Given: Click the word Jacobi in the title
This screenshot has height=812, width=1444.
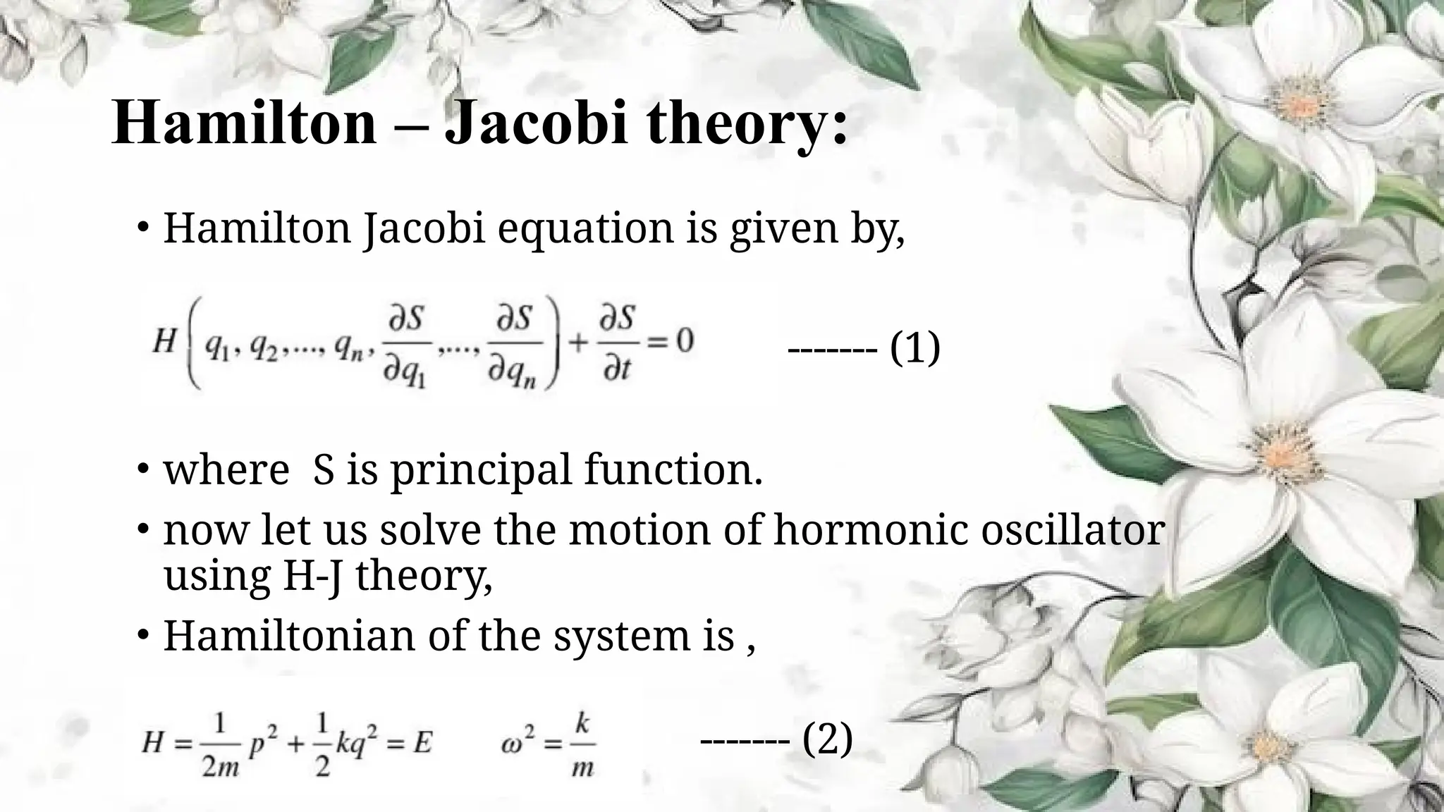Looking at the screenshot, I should [536, 124].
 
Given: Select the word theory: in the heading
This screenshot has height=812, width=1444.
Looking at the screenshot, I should [747, 124].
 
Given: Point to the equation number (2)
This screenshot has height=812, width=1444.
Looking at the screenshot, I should [828, 739].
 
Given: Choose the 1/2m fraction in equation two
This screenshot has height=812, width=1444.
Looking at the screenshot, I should [220, 744].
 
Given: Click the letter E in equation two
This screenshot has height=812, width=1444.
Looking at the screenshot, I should [422, 743].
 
